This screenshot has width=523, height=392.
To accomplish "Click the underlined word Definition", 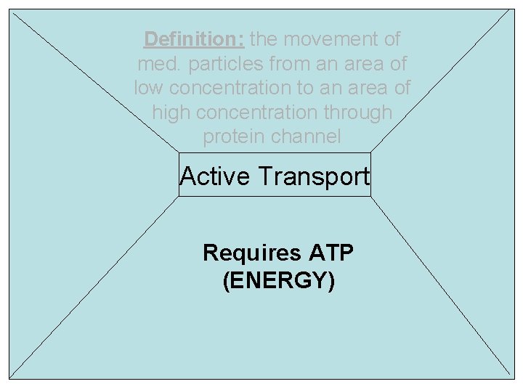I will point(194,39).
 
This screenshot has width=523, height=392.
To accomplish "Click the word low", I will point(151,88).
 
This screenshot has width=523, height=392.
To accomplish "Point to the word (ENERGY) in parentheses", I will point(279,280).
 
